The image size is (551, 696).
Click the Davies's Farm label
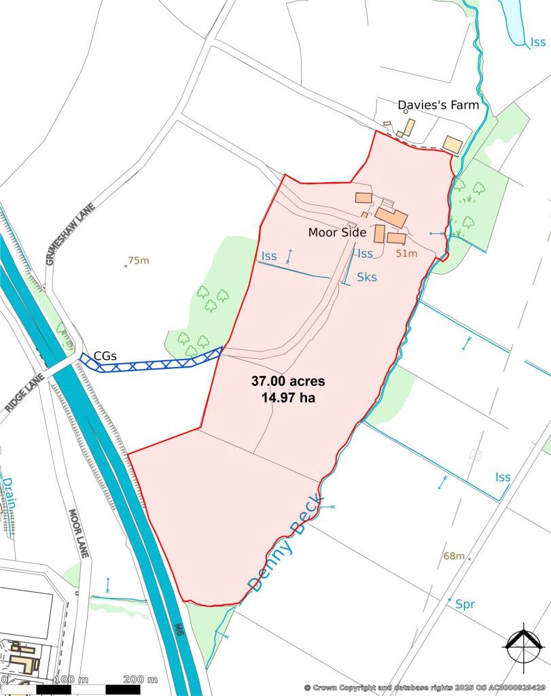[438, 105]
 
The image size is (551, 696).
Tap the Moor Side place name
[338, 232]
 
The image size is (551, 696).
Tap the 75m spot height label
[138, 260]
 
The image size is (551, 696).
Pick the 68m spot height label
[454, 556]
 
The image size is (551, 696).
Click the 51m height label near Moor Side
[406, 254]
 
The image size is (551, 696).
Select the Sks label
[367, 277]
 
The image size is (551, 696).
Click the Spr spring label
[465, 604]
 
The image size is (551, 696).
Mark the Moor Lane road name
[79, 533]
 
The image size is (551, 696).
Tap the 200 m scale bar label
[141, 680]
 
